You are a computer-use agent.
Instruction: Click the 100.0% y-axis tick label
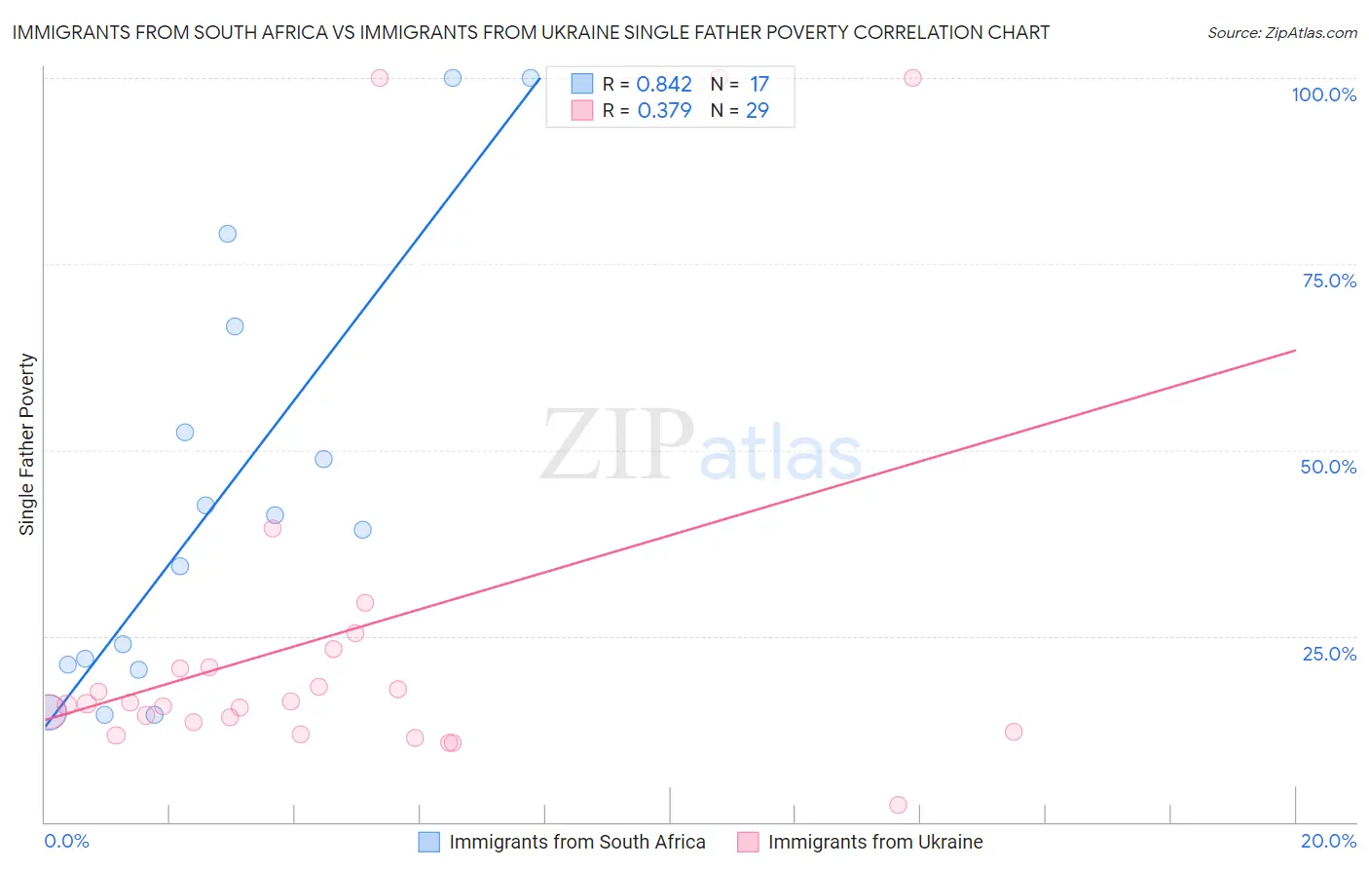[1323, 94]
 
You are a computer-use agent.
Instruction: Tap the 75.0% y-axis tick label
[1329, 281]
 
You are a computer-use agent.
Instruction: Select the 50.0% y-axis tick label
[1328, 467]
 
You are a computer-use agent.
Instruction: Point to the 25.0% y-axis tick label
[1329, 654]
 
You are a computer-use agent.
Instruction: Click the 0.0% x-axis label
[66, 841]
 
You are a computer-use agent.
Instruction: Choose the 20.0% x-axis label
[1328, 841]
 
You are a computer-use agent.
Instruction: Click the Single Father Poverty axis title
[27, 444]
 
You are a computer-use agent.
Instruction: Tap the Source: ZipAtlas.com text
[1281, 33]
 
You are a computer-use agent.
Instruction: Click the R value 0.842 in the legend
[664, 85]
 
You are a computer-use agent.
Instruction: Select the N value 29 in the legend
[757, 111]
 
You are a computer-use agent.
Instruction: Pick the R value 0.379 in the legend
[664, 111]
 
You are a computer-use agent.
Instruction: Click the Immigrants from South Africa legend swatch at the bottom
[429, 842]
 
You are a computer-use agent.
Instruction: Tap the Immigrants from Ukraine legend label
[874, 842]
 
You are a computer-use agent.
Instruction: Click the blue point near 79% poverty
[228, 234]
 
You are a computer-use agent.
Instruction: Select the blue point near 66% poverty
[235, 326]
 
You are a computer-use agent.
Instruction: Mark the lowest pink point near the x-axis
[898, 805]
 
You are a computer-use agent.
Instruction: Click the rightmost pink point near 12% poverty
[1014, 732]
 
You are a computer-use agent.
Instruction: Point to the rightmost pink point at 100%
[912, 78]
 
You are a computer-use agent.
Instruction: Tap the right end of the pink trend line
[1295, 350]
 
